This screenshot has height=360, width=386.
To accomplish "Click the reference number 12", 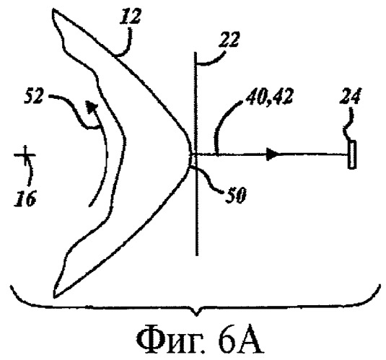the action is tap(131, 17).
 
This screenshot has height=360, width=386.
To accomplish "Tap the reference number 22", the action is tap(228, 39).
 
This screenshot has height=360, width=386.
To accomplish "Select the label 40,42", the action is tap(270, 96).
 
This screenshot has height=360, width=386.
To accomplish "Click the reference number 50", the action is tap(236, 196).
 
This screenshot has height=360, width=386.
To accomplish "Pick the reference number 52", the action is tap(34, 97).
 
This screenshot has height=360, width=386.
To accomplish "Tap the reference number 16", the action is tap(25, 198).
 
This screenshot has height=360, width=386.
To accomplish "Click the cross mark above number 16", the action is tap(25, 155).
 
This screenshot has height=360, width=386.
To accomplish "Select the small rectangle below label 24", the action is tap(352, 154).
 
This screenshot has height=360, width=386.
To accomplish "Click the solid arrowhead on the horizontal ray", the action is tap(273, 154).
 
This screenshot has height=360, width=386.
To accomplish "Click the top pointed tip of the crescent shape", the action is tap(53, 10).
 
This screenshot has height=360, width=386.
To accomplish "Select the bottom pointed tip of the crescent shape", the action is tap(55, 297).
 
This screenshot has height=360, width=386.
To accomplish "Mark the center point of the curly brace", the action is tap(196, 315).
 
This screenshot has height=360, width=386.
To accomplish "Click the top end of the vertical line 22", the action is tap(195, 53).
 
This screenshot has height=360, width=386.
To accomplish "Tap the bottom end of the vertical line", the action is tap(197, 255).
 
